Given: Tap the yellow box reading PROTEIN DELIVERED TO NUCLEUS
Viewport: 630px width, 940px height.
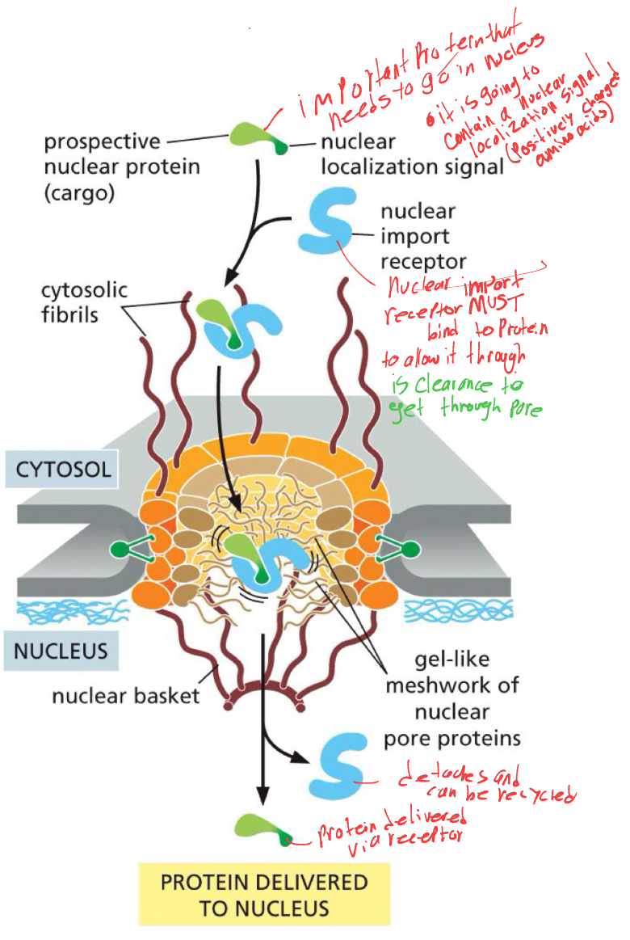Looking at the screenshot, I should click(264, 894).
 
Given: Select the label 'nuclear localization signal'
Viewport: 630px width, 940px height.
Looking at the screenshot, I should click(412, 154).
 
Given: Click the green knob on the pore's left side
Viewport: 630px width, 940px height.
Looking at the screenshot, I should click(123, 550).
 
